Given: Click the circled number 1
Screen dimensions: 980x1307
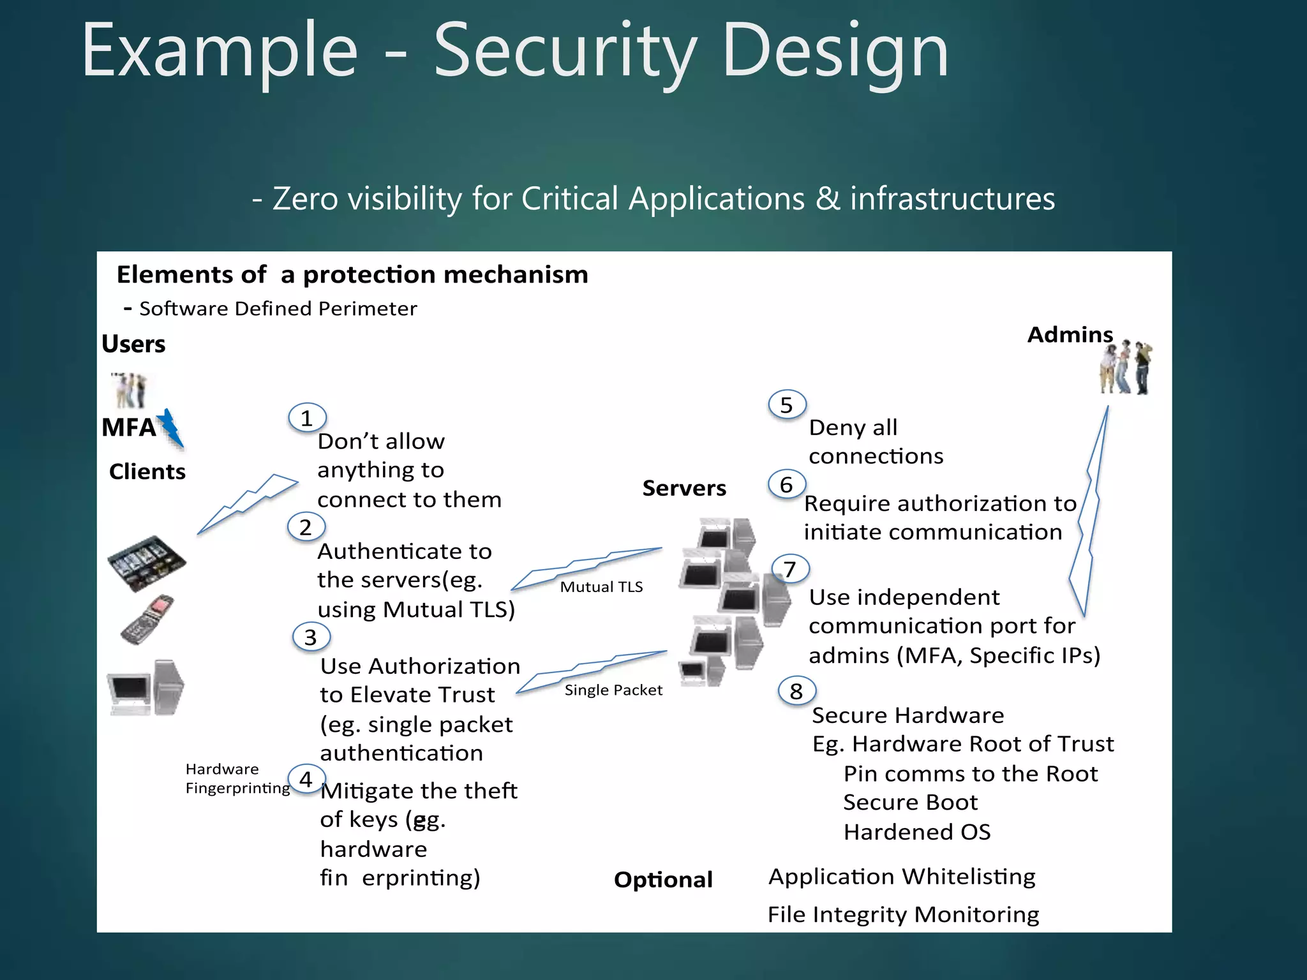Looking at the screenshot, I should (307, 419).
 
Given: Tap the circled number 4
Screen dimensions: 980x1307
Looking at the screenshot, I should (306, 779).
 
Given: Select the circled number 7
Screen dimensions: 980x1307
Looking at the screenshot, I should (790, 569).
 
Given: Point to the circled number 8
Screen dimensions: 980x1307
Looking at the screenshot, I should (796, 691).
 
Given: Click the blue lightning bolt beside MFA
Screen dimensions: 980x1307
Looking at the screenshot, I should (171, 428).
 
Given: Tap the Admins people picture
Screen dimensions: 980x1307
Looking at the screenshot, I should (1126, 368).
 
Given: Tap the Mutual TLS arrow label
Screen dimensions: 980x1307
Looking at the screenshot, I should (601, 587).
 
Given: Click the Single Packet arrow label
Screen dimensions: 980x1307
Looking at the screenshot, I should (613, 690).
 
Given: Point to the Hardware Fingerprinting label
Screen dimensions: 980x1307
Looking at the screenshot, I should (237, 778).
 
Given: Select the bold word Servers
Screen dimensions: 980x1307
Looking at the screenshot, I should (684, 488).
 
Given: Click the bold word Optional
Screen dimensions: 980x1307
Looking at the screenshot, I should (663, 880).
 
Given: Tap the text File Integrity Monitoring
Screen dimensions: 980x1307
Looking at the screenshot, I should (903, 914).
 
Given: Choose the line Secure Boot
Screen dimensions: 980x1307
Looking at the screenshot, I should (910, 803).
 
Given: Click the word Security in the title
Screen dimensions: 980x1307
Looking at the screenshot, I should (565, 51).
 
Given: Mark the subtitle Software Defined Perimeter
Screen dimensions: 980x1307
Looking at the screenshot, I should (278, 309).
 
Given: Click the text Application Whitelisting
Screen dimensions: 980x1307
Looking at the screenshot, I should (902, 877).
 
